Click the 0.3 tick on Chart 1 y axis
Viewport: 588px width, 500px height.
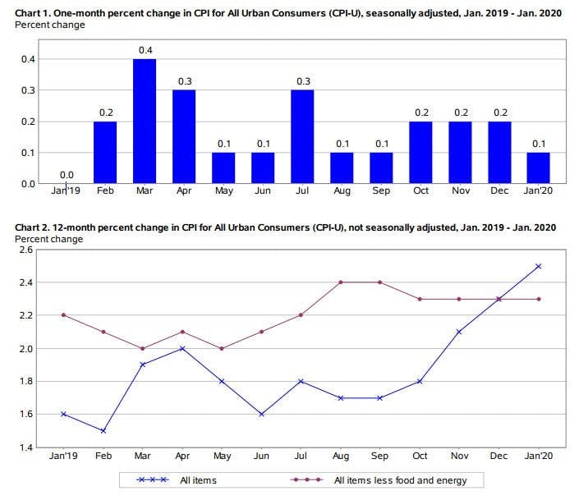pos(28,90)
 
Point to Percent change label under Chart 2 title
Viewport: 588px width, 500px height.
pos(49,239)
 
